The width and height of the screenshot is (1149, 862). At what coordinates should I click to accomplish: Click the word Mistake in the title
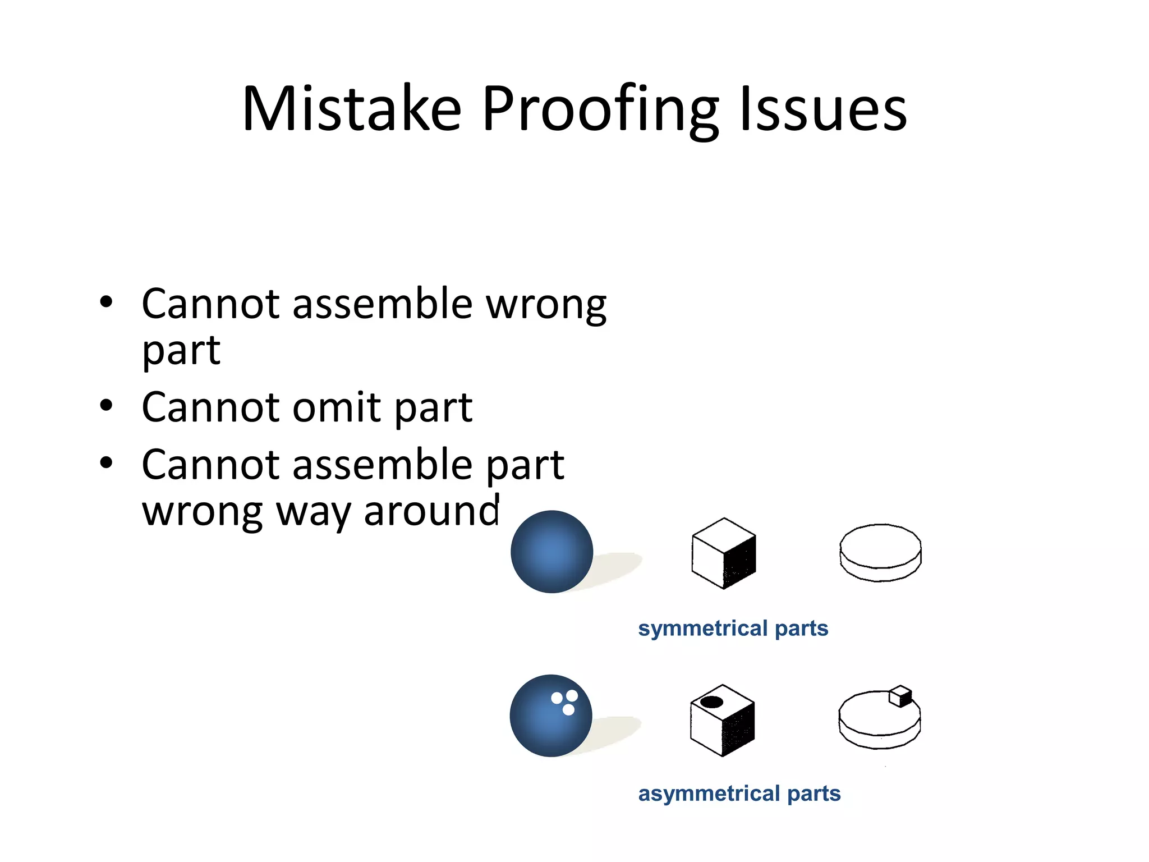[x=352, y=109]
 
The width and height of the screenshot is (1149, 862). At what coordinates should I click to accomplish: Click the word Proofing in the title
[x=599, y=109]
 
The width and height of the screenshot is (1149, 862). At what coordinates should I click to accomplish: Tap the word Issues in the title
[x=822, y=109]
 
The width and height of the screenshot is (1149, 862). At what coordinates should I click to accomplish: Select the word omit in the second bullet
[x=337, y=407]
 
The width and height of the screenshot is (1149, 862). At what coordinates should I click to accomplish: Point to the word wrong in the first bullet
[x=545, y=305]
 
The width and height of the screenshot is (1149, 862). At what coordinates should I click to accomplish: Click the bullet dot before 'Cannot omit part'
[x=106, y=405]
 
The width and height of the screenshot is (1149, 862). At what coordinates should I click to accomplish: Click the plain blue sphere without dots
[x=551, y=552]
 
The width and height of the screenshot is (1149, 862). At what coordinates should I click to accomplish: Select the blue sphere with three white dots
[x=550, y=716]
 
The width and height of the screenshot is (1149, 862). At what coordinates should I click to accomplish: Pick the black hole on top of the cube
[x=711, y=701]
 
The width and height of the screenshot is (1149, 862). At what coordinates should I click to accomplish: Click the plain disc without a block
[x=880, y=552]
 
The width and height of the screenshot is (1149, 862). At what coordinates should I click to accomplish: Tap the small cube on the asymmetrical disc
[x=900, y=696]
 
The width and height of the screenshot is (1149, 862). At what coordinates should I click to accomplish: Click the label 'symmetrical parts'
[x=733, y=628]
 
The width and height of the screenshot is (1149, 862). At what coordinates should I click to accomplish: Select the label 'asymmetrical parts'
[x=739, y=794]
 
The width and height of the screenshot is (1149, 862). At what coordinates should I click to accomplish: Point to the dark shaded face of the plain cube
[x=741, y=561]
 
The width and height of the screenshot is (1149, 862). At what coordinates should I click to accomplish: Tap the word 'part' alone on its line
[x=181, y=351]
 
